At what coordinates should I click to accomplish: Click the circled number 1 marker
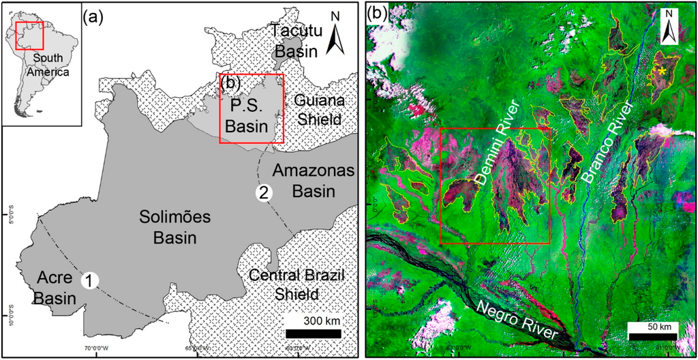88,280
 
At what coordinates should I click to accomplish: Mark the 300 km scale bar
314,333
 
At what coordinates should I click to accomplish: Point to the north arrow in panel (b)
670,29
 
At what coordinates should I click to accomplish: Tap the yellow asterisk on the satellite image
660,70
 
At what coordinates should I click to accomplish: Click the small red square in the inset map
29,35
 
